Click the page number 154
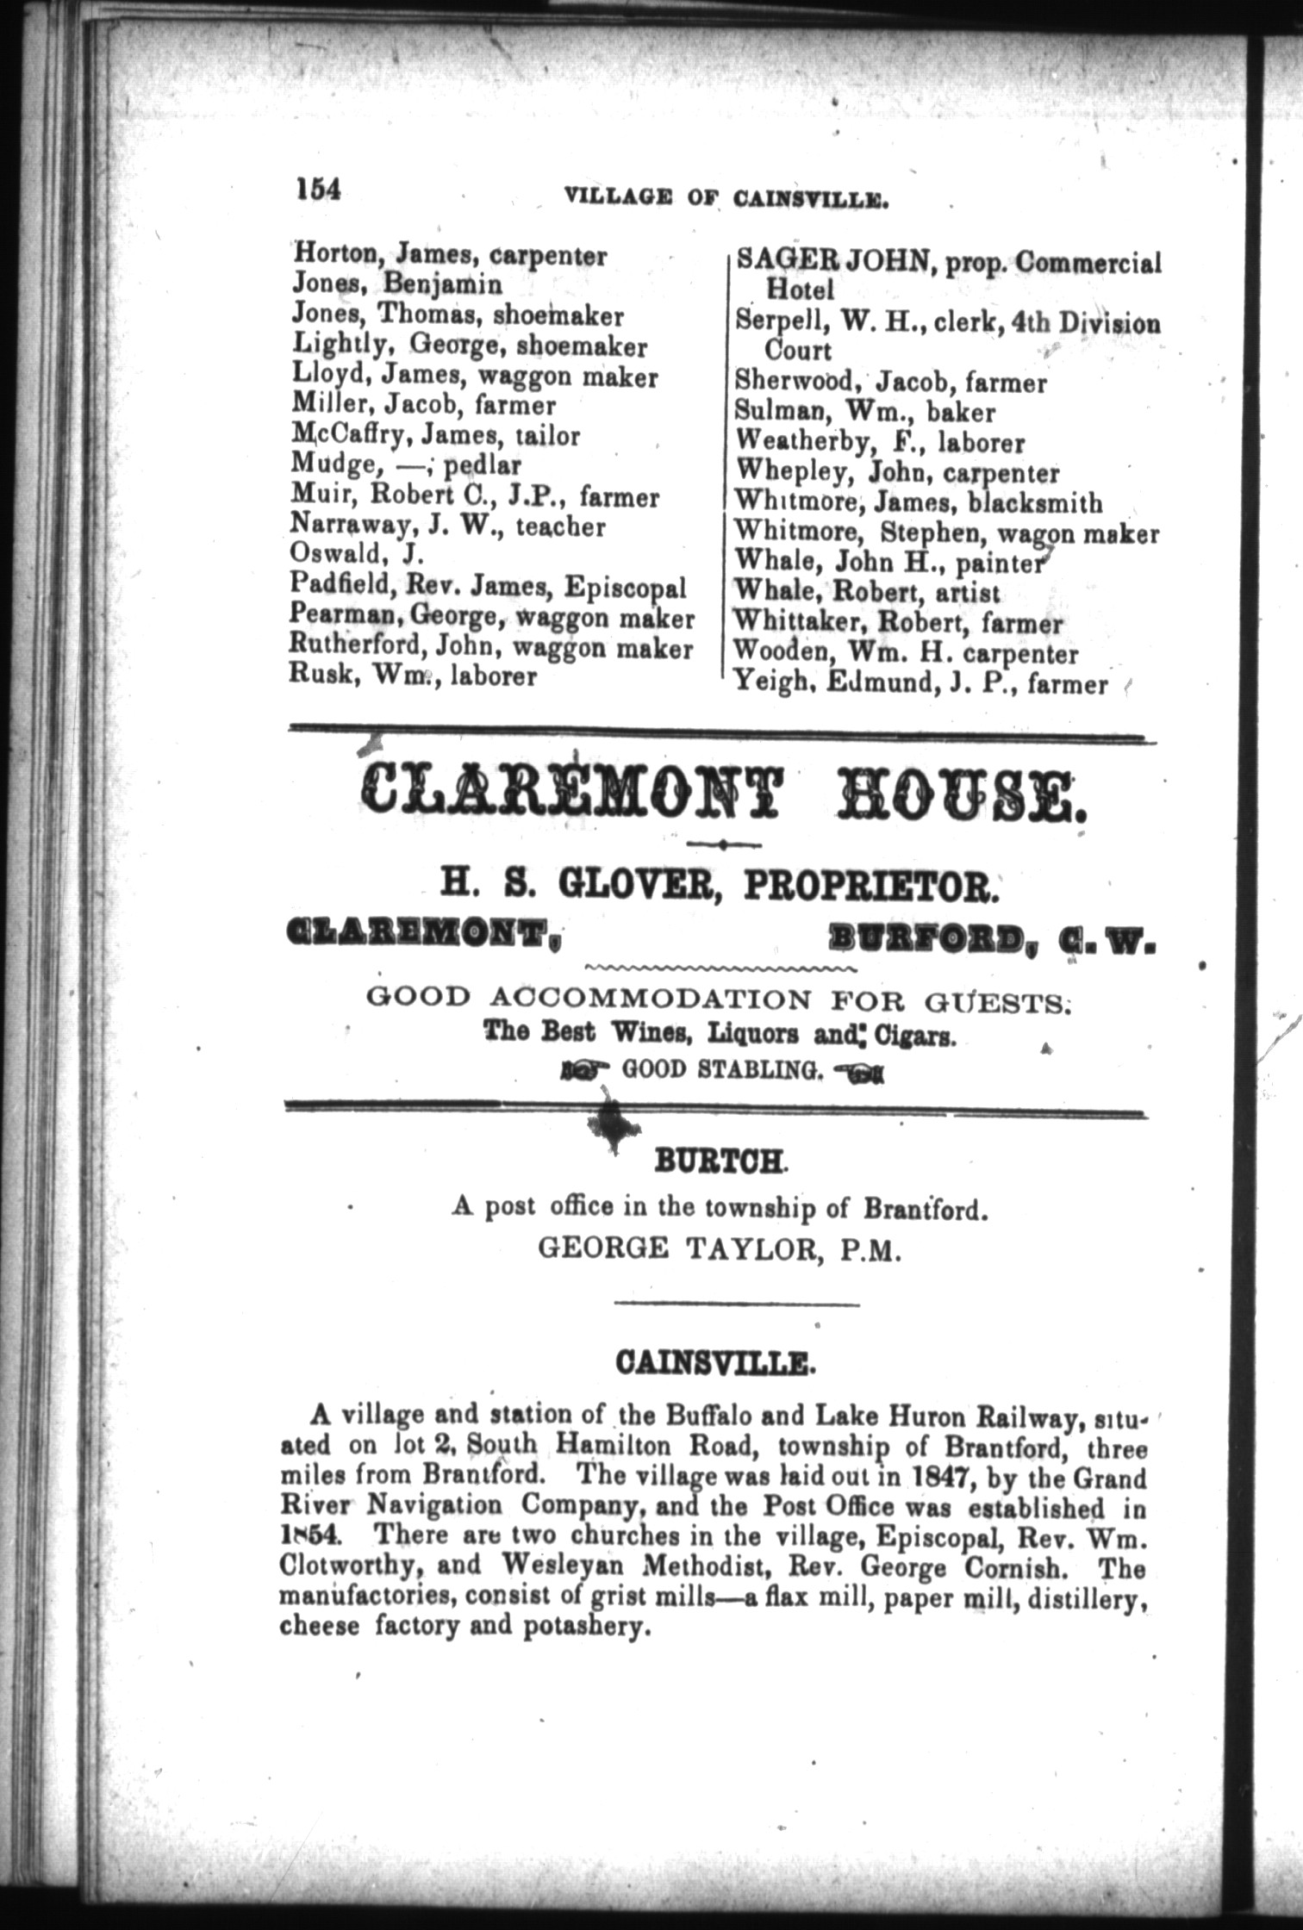pos(317,189)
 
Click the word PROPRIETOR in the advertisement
pos(870,887)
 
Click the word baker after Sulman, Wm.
pos(961,413)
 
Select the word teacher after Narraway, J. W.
pos(560,526)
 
